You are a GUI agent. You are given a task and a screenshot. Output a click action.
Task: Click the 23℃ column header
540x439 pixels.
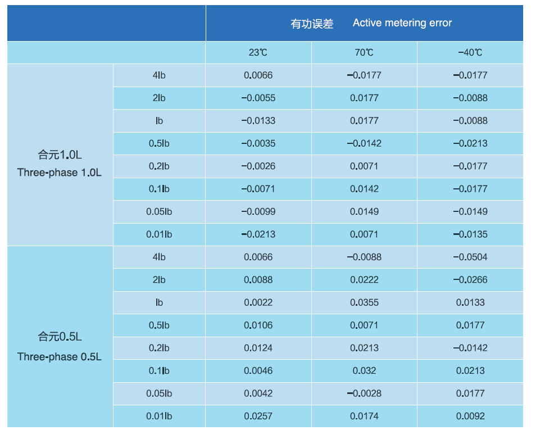point(258,53)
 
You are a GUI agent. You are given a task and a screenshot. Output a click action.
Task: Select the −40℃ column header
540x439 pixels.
point(470,53)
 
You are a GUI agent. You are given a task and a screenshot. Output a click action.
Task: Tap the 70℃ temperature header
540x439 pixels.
point(364,53)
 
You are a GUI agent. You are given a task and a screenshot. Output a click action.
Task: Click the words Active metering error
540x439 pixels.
point(402,23)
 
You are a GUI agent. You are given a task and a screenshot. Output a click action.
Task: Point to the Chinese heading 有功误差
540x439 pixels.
point(312,24)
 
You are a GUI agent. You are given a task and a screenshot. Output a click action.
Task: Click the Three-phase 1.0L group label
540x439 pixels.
point(60,173)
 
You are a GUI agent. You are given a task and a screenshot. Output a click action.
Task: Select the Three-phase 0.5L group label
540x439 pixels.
point(60,357)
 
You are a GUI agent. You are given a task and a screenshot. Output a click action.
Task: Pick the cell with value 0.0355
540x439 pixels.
point(364,302)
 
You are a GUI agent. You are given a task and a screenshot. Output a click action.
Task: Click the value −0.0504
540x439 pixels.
point(470,257)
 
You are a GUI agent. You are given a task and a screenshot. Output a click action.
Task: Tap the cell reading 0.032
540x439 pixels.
point(364,370)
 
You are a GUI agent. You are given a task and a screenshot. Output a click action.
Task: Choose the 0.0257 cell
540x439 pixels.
point(258,416)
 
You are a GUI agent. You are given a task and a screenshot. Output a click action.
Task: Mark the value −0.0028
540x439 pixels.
point(364,393)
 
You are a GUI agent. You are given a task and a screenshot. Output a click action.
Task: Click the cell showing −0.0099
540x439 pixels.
point(258,211)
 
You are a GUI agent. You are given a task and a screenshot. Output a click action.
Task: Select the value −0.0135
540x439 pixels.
point(470,234)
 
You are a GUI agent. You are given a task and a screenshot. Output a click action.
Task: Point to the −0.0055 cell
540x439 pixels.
point(258,98)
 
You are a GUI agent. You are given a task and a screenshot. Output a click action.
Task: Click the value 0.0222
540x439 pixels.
point(364,280)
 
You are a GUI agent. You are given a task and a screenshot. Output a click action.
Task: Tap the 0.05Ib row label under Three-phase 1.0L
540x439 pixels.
point(159,211)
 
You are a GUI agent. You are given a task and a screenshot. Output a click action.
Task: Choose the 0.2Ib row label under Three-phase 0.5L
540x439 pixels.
point(159,348)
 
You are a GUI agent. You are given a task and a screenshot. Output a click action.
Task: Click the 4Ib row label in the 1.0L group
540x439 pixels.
point(159,75)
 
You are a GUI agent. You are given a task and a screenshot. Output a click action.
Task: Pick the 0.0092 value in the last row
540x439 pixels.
point(470,416)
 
